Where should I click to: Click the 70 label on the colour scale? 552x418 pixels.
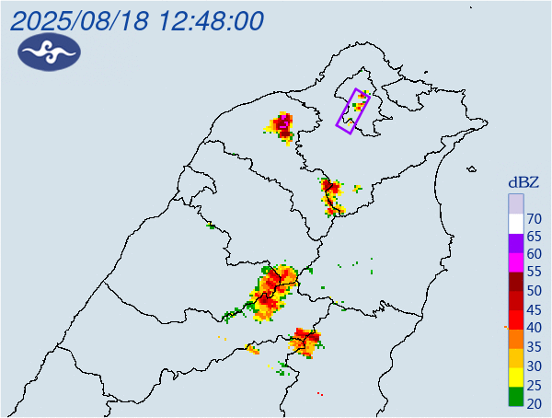pos(533,218)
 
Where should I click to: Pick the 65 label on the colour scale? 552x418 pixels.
pos(533,237)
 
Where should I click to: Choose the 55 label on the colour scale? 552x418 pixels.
pos(533,273)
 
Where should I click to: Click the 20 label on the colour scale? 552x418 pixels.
pos(533,401)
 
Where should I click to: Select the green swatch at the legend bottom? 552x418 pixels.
pos(516,398)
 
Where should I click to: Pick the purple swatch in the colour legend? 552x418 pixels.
pos(516,241)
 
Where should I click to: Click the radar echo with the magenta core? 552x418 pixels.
pos(283,124)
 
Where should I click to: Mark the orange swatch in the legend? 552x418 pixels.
pos(516,339)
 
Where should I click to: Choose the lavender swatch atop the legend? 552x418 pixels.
pos(516,203)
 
